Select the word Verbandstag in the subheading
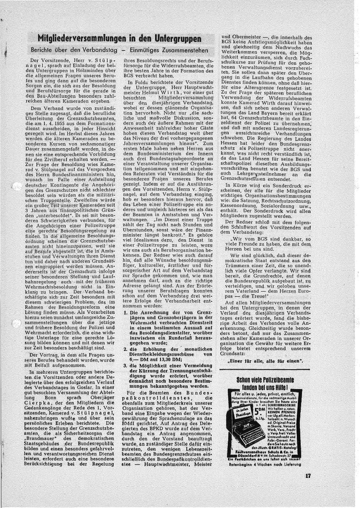point(92,50)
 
